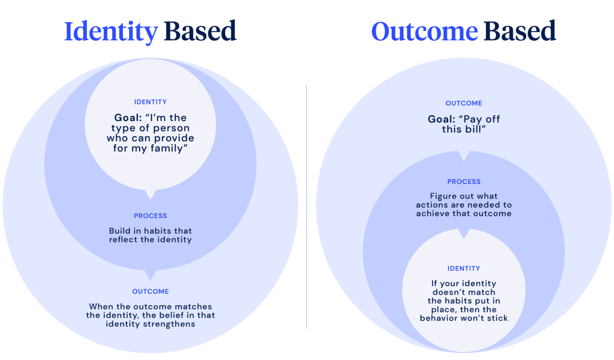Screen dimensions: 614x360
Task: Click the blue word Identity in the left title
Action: pos(111,32)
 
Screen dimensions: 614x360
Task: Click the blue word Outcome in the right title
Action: pos(425,31)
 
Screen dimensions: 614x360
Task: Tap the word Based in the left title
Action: pos(200,31)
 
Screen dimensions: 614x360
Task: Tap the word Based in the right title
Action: pos(520,31)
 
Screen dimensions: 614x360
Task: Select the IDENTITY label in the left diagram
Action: pos(150,102)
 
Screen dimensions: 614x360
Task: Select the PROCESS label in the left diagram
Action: pos(150,216)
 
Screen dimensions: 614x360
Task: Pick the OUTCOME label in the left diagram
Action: pos(150,292)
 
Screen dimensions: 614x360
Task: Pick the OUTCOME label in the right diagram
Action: pos(464,103)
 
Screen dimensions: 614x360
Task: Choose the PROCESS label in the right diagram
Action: pos(464,182)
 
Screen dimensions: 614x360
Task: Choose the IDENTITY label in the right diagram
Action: pos(464,269)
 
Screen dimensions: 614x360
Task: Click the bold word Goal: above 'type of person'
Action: pos(128,118)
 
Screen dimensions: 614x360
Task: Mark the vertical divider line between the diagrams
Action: pos(307,207)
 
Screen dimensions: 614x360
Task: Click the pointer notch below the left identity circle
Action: pos(150,195)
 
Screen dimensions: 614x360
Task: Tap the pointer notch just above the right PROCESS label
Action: pos(464,156)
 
